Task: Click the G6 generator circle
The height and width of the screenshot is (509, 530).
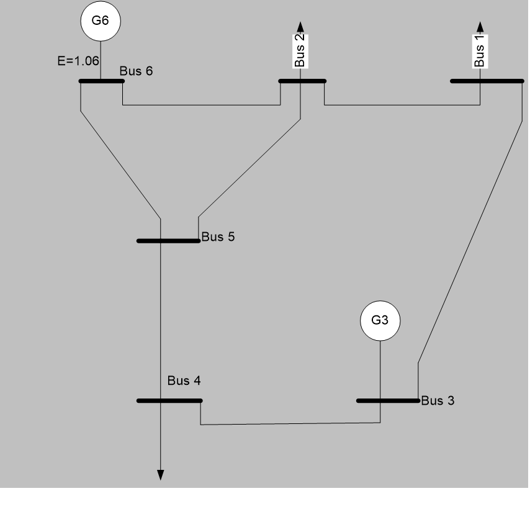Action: coord(100,20)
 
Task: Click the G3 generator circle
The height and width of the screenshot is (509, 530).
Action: coord(380,321)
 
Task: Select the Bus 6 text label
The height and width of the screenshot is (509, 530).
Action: coord(136,70)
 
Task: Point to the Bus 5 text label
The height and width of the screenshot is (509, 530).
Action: coord(218,237)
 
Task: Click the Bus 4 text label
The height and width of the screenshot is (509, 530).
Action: coord(184,380)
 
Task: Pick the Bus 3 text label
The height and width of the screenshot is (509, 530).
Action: coord(438,401)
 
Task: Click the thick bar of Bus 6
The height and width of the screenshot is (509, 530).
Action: coord(101,81)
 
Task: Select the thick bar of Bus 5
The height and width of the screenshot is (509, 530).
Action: coord(168,240)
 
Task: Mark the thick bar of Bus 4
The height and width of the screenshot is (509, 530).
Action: coord(169,400)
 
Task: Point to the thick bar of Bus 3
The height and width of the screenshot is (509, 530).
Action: coord(388,400)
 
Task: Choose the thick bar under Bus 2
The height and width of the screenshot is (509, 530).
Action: coord(302,81)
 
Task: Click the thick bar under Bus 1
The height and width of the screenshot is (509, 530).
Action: coord(487,81)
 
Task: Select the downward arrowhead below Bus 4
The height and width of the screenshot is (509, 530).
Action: coord(161,475)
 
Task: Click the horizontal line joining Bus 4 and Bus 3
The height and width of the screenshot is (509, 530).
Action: coord(290,425)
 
